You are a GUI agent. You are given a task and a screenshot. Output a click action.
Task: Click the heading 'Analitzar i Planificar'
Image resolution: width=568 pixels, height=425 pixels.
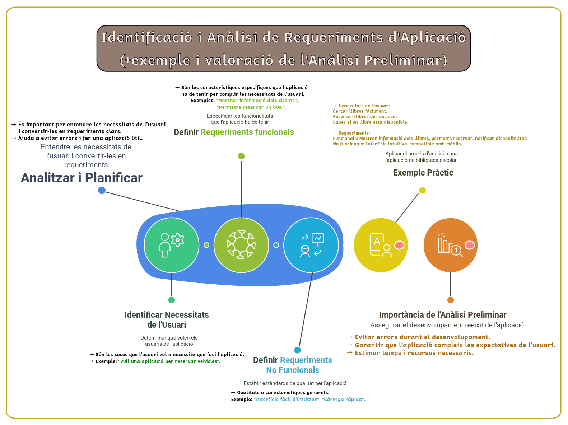click(x=82, y=178)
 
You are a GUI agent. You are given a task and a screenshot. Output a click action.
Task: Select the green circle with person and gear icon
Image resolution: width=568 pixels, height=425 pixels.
click(x=172, y=245)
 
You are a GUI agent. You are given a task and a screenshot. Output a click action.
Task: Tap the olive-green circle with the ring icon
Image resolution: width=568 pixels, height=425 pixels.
click(x=241, y=245)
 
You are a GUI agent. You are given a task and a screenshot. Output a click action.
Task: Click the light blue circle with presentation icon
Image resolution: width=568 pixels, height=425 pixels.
click(x=311, y=245)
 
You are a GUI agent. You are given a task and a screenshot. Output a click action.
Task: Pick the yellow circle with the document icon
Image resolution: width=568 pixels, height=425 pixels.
click(x=381, y=245)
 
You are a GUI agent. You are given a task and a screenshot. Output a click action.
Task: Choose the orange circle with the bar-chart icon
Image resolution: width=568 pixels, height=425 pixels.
click(x=451, y=245)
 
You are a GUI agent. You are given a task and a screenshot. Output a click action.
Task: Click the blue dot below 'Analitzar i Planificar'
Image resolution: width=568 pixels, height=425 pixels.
click(x=102, y=190)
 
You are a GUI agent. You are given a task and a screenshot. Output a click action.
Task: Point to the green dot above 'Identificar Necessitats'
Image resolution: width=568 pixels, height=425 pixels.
click(x=172, y=300)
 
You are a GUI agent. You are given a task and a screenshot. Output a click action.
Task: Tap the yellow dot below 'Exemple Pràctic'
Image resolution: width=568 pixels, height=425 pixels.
click(x=423, y=190)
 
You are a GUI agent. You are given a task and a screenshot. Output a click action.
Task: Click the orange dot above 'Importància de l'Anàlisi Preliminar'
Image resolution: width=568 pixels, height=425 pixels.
click(x=451, y=300)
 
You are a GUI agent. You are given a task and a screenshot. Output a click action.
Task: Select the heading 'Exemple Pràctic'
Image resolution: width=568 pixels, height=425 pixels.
click(x=423, y=173)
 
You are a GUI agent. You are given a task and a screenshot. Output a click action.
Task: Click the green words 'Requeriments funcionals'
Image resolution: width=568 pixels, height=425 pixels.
click(x=247, y=132)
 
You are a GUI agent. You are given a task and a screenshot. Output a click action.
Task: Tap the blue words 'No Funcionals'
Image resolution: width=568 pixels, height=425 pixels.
click(x=293, y=370)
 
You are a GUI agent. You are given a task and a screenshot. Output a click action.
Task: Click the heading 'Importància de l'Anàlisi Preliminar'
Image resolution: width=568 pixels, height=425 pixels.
click(x=442, y=315)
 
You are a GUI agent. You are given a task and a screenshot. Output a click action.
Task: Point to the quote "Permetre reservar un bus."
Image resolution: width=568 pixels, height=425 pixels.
click(x=251, y=107)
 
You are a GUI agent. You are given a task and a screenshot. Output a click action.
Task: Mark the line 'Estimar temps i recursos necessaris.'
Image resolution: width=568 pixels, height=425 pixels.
click(x=414, y=353)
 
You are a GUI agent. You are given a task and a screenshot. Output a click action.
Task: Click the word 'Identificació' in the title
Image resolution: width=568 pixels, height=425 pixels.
click(x=146, y=37)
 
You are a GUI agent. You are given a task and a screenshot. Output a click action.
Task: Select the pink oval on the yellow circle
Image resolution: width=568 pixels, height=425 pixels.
click(x=399, y=245)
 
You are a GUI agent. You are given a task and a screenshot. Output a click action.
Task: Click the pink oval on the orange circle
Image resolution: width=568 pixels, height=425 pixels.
click(x=470, y=245)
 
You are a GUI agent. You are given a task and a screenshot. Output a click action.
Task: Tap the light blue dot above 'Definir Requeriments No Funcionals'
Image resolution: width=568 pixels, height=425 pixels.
click(x=298, y=350)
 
